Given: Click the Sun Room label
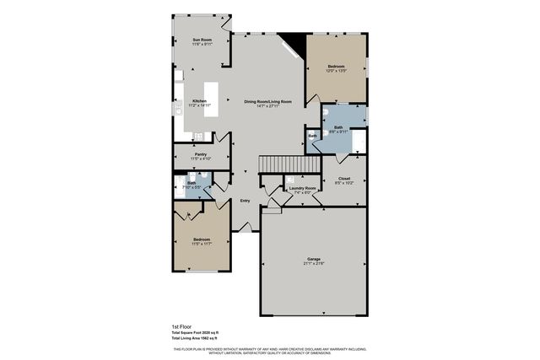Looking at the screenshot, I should (x=201, y=40).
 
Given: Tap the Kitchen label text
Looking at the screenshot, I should (x=200, y=101).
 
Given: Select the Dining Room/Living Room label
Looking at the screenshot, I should (x=267, y=101).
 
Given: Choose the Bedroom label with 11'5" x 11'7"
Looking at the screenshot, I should (x=201, y=240).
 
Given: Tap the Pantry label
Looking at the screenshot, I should (x=201, y=154).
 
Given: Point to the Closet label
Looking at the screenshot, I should (x=344, y=179).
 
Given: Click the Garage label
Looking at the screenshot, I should (x=313, y=259).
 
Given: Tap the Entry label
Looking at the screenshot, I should (x=245, y=201).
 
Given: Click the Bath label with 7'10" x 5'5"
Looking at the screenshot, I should (x=192, y=183).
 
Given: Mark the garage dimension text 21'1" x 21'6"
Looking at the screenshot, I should (x=313, y=264).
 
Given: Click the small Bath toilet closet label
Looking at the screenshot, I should (x=312, y=136).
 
